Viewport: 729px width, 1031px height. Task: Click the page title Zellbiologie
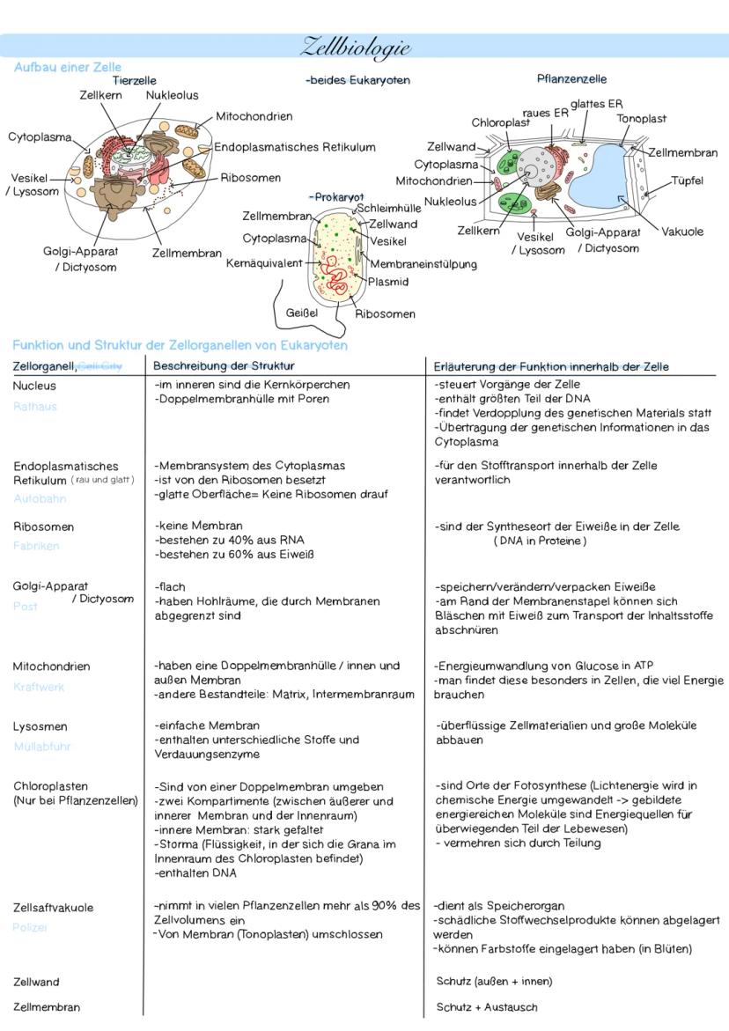356,47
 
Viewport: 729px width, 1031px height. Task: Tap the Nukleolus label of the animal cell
172,95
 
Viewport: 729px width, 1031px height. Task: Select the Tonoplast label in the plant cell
641,118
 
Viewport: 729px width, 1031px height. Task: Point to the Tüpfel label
687,180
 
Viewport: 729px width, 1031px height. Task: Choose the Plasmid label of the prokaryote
387,282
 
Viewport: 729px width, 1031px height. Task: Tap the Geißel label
301,312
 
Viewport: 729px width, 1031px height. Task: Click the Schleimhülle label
388,209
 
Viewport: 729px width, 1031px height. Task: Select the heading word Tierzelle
135,80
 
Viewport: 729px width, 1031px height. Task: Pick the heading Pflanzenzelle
571,79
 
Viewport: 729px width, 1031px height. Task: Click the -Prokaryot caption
336,196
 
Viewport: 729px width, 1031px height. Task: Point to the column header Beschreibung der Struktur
224,365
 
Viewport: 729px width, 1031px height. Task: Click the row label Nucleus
34,386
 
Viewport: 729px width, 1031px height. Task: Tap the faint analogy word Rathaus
34,407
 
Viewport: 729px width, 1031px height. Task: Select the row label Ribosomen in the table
43,527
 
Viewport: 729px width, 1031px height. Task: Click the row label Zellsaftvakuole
53,908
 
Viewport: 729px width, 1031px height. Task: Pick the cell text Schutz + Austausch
486,1007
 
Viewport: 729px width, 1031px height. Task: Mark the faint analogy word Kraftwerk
39,687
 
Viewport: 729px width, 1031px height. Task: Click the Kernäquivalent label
264,262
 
